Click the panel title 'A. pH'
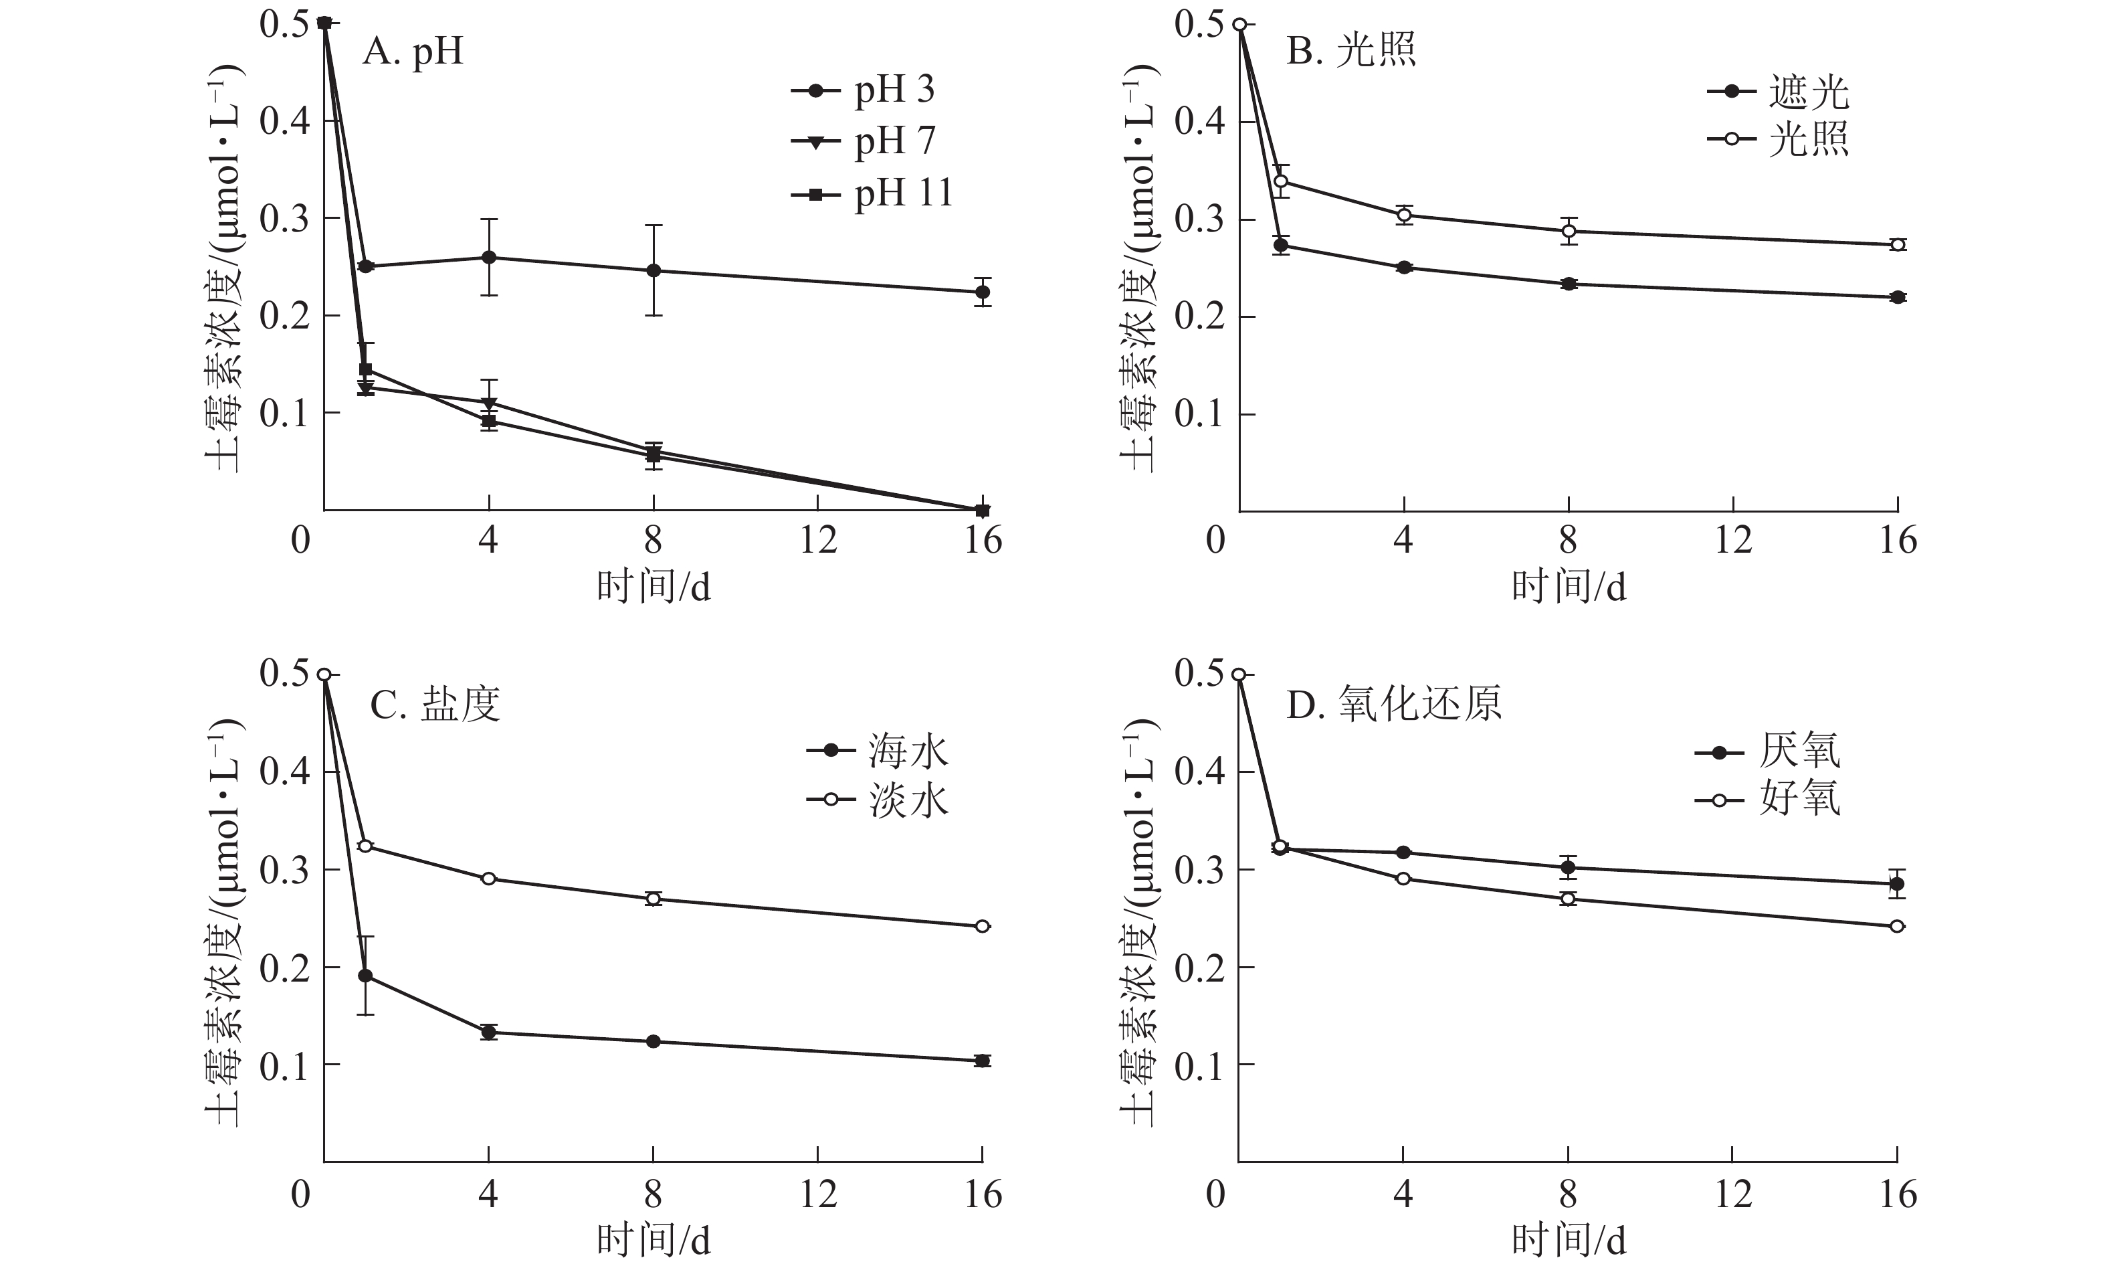pyautogui.click(x=413, y=52)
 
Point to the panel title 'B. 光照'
pyautogui.click(x=1351, y=50)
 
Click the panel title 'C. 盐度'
pyautogui.click(x=434, y=705)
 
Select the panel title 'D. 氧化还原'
pyautogui.click(x=1394, y=705)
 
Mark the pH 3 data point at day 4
pyautogui.click(x=489, y=258)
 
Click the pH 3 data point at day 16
pyautogui.click(x=983, y=292)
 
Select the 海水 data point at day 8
pyautogui.click(x=654, y=1042)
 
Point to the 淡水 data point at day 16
pyautogui.click(x=983, y=926)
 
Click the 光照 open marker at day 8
pyautogui.click(x=1569, y=231)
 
